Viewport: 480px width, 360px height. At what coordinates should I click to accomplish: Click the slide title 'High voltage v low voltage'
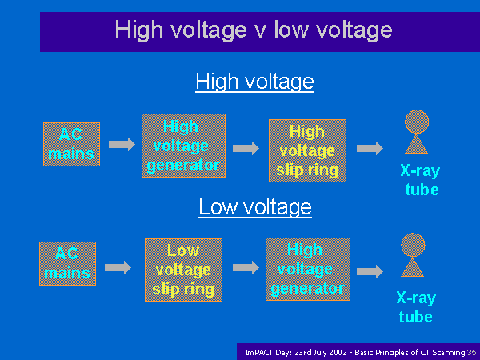(254, 30)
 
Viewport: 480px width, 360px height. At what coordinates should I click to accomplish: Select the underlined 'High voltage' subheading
(254, 82)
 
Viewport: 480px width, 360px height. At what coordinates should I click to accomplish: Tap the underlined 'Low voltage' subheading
(255, 207)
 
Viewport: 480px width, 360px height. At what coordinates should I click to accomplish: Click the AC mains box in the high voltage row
(72, 145)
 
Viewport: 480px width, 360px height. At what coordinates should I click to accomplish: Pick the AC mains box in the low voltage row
(68, 263)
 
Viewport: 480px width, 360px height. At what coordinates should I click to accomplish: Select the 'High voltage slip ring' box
(308, 151)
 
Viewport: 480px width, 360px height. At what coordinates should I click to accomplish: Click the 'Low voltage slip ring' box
(184, 270)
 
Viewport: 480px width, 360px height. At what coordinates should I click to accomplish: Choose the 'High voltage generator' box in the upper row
(184, 146)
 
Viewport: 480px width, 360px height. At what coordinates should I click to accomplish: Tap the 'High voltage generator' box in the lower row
(308, 270)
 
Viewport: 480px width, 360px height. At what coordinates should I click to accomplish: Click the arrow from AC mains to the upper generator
(122, 145)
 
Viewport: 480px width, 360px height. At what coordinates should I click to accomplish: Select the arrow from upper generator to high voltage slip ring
(246, 149)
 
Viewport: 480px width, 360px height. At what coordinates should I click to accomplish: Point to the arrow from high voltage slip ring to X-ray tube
(370, 149)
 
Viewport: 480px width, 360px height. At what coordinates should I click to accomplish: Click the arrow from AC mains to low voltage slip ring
(118, 268)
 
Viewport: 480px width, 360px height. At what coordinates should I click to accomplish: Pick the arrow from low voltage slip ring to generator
(246, 268)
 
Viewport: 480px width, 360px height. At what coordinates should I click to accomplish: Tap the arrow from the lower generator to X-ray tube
(370, 271)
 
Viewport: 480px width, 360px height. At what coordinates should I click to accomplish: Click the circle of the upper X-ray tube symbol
(417, 122)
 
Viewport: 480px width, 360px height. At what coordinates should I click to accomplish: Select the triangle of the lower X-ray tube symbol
(412, 268)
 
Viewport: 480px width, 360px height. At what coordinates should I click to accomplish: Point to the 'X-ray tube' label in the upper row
(421, 180)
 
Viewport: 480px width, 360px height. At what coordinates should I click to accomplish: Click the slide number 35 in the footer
(472, 353)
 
